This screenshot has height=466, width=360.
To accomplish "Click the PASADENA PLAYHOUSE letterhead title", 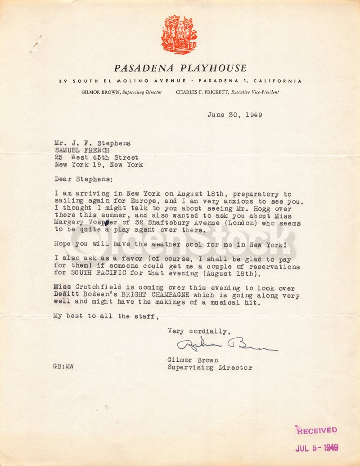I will (180, 68).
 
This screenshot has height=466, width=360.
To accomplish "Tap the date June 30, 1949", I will (234, 115).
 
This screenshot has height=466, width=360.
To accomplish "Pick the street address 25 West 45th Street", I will (96, 157).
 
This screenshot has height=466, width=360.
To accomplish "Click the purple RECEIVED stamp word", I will (316, 430).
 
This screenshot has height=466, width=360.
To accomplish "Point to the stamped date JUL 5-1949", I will (316, 448).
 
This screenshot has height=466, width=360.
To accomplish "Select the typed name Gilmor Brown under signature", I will (193, 360).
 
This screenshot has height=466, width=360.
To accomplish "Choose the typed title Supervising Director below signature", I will (210, 367).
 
